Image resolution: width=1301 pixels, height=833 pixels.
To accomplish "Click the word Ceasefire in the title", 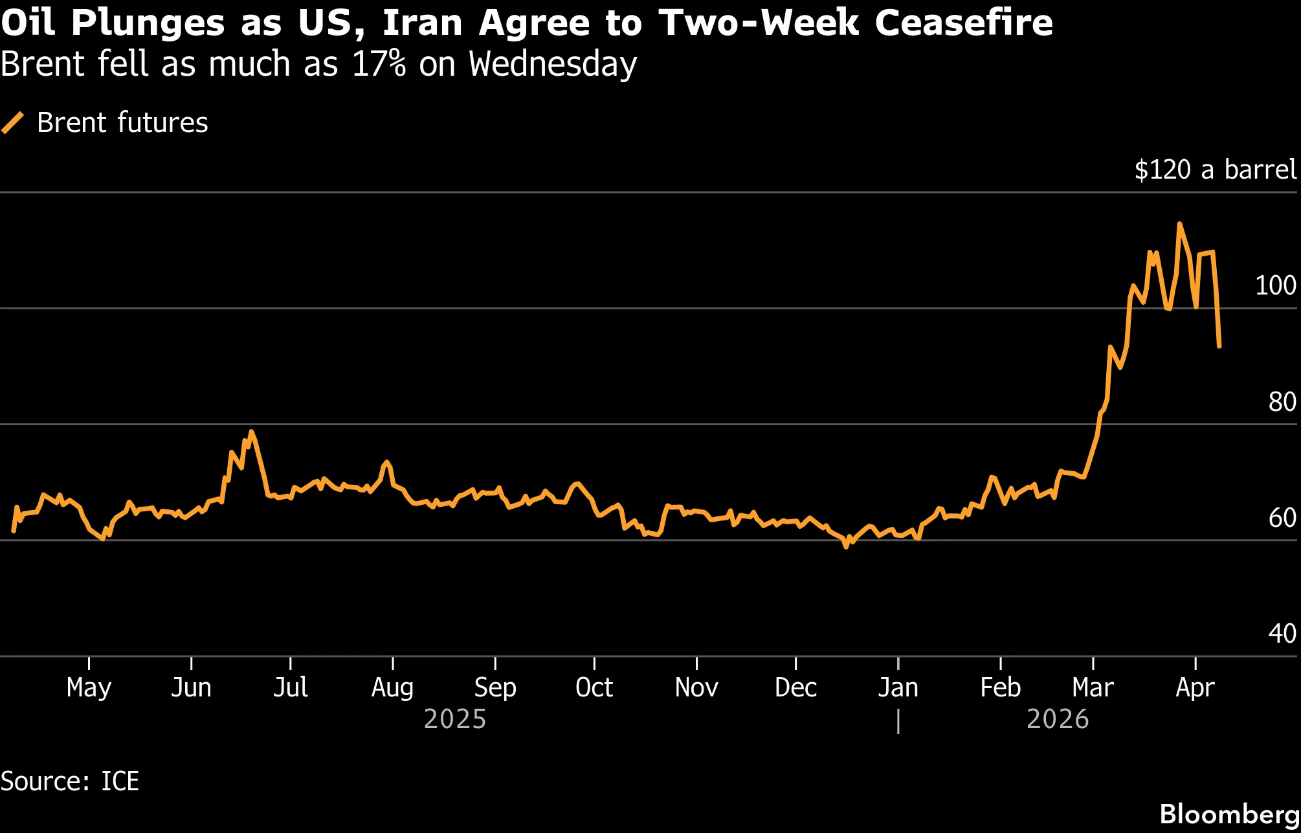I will [963, 23].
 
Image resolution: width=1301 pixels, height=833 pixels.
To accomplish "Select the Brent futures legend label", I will [122, 122].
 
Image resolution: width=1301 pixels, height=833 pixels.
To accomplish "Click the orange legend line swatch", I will [13, 122].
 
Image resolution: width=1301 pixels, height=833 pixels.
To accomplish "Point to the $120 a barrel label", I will [1215, 170].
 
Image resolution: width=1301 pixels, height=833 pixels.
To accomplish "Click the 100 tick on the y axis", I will [1275, 285].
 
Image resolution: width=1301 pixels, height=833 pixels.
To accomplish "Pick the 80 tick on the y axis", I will [1282, 402].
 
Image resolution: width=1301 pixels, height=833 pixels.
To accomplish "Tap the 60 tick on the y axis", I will [1282, 518].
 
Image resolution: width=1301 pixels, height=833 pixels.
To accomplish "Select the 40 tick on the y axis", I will [1282, 634].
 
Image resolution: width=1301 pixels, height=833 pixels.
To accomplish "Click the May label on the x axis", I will [89, 687].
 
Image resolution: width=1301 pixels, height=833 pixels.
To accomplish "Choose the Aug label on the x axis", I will [392, 687].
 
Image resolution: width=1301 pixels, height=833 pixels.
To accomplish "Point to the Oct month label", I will [594, 687].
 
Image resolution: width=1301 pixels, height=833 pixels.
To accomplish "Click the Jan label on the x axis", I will [898, 687].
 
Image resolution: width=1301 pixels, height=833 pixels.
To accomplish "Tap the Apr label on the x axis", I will [1195, 687].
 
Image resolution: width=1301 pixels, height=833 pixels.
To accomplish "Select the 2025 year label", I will [454, 719].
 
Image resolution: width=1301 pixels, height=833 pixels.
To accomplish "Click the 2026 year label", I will [1058, 719].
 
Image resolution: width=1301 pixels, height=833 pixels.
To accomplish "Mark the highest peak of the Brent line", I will [1179, 224].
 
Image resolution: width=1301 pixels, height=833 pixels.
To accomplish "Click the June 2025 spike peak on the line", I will [251, 432].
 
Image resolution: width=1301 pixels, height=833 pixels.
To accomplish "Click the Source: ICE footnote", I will [70, 781].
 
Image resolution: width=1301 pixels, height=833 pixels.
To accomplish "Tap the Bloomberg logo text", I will [1229, 814].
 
